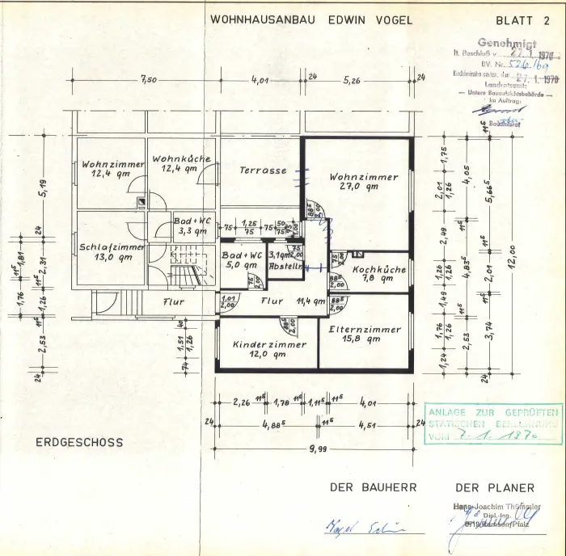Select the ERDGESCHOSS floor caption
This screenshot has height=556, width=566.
[x=79, y=442]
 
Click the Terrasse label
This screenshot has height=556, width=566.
[x=263, y=171]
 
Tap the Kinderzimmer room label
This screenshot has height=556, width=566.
[x=269, y=344]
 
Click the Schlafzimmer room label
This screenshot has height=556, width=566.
[x=112, y=247]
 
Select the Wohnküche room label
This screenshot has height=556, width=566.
[x=180, y=159]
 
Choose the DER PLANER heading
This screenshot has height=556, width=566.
[x=495, y=487]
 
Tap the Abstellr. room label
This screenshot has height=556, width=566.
[x=285, y=265]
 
